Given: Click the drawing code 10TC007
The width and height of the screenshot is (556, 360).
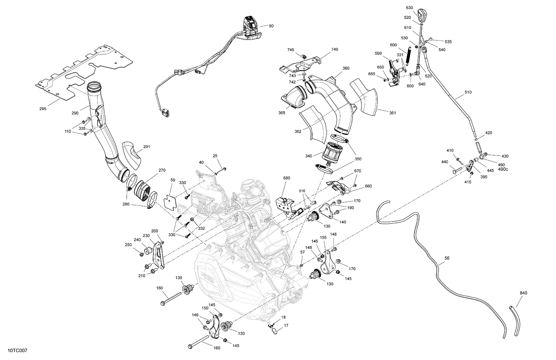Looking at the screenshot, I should pos(17,350).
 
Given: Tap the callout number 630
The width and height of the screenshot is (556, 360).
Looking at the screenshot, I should pos(409,8).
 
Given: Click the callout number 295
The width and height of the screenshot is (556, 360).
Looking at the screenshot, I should pos(43,109).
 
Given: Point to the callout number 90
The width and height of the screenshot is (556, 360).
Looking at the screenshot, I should pos(271,26).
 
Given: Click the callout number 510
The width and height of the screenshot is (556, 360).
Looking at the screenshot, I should pos(468,92).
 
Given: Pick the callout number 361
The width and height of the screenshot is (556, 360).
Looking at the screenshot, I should pos(393,113).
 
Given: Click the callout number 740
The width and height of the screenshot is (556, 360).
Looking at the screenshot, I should pos(335,49).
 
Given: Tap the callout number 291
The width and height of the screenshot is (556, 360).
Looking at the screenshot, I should pos(147,147).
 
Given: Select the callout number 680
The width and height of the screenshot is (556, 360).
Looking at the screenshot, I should pos(287,178).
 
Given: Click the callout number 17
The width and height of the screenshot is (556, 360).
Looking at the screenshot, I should pos(286,326).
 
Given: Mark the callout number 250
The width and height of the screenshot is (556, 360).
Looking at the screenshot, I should pos(128,245).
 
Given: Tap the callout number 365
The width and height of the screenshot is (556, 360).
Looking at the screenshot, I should pos(282,113).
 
